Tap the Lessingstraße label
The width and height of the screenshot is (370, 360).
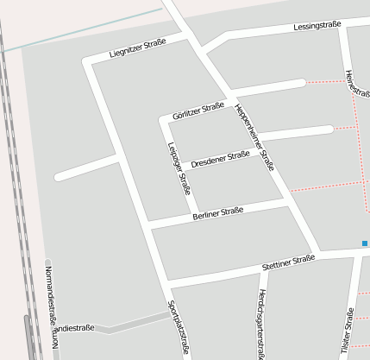(x=317, y=26)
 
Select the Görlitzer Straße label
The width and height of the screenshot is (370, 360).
(x=198, y=110)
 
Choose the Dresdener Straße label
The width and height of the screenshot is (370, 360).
(x=220, y=158)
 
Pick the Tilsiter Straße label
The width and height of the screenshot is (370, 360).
(x=348, y=332)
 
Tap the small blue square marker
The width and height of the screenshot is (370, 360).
(x=365, y=243)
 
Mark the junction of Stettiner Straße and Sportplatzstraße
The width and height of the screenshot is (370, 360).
(x=169, y=284)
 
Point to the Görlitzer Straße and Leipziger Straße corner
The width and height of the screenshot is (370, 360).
(x=162, y=119)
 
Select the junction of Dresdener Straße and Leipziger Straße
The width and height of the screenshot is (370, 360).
(x=183, y=167)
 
